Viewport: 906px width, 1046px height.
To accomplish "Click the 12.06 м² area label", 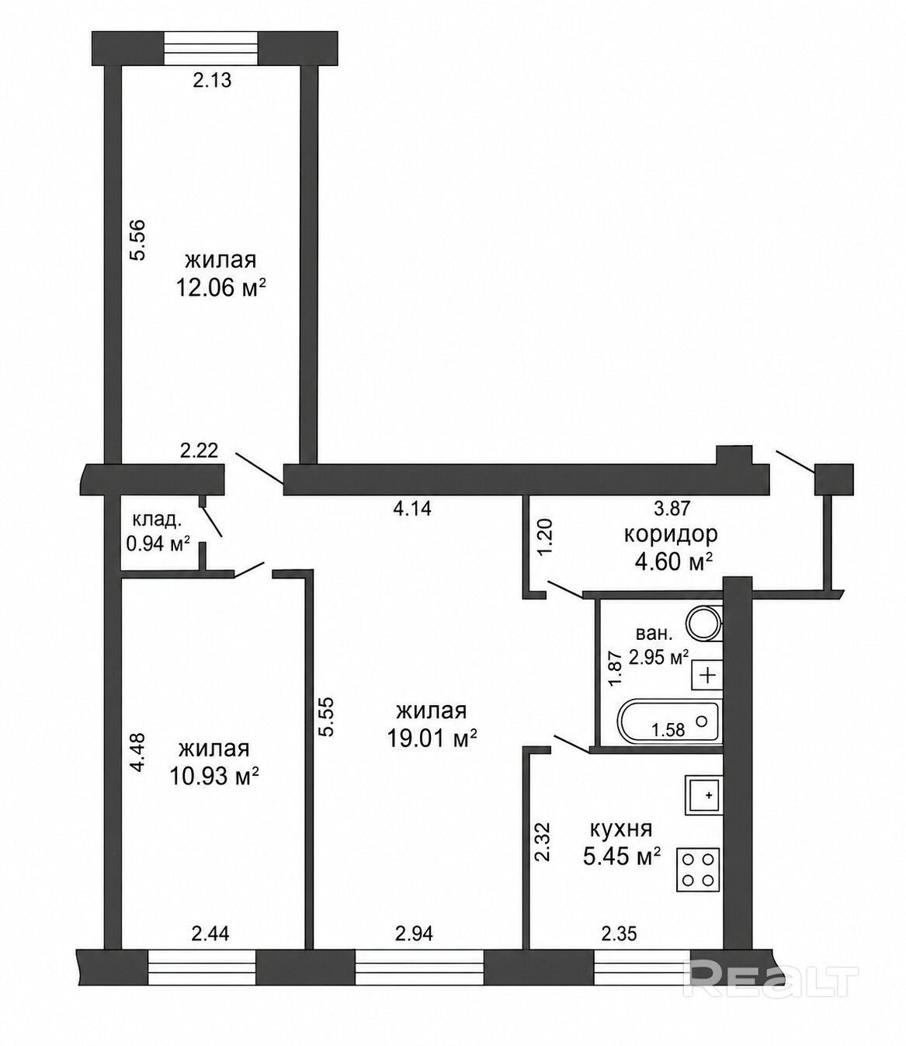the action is coord(220,289).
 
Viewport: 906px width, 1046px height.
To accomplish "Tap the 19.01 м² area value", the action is coord(432,738).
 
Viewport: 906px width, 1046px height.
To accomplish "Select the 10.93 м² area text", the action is coord(214,777).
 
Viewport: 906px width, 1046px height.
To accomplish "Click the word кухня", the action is coord(622,830).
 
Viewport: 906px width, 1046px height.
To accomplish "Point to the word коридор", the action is coord(671,534).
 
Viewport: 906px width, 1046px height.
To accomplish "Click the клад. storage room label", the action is coord(157,520).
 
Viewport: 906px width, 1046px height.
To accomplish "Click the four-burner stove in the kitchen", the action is coord(698,871).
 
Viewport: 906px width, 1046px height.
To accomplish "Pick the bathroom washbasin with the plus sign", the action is coord(707,675).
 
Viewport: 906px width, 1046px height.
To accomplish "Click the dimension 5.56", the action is coord(137,239).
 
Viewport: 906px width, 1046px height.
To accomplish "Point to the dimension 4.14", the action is coord(412,508).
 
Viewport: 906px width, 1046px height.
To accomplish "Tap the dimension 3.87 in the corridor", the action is coord(672,508).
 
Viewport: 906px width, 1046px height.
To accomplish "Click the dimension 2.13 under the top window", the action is coord(213,80).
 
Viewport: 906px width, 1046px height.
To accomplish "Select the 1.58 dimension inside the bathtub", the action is coord(668,730).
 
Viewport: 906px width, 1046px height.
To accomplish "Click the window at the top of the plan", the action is coord(212,48).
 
